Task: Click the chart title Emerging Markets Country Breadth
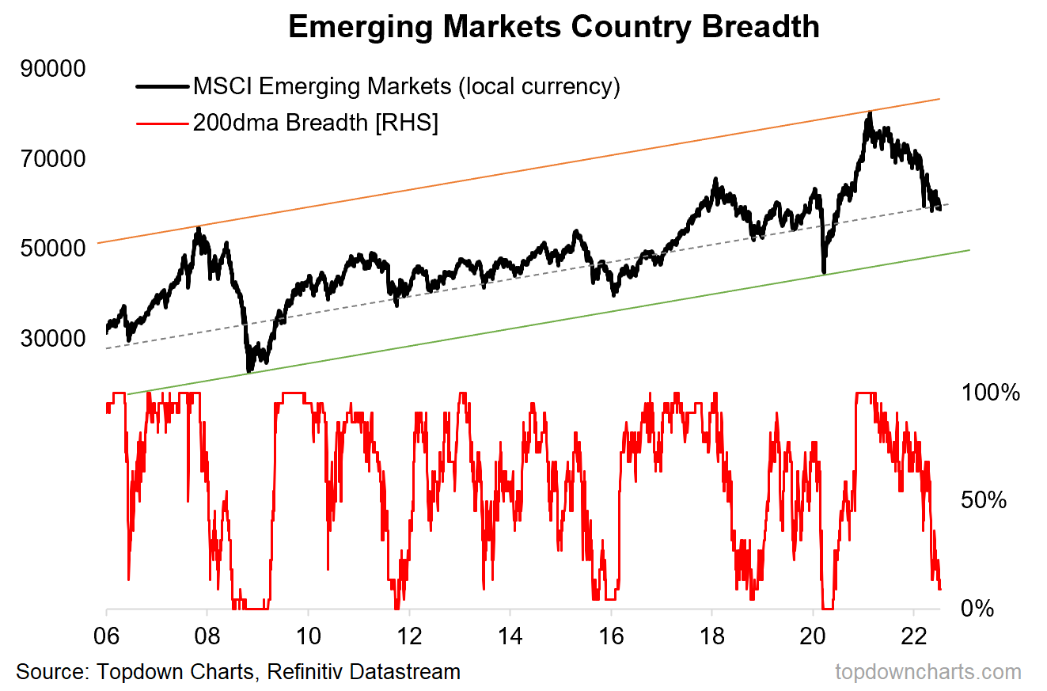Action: pos(553,27)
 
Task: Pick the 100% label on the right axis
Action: pos(990,393)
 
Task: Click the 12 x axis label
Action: pos(409,638)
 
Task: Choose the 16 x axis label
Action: pos(611,638)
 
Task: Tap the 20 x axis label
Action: pos(813,638)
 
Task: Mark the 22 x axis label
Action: pos(914,638)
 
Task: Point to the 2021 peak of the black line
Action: pos(870,112)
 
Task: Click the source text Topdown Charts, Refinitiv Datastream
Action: pos(238,672)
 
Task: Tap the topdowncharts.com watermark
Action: pos(928,672)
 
